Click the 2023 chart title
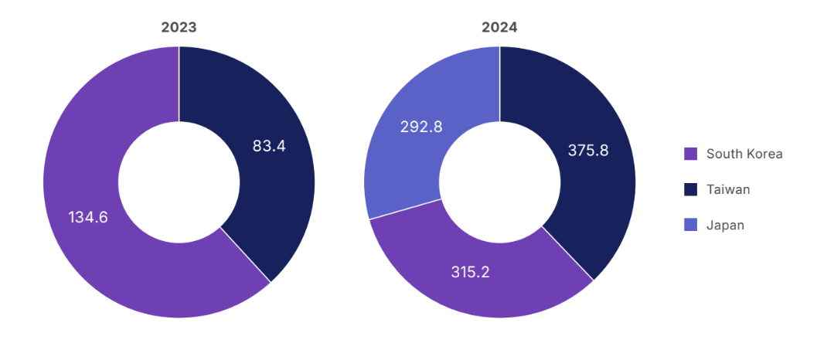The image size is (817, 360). (x=179, y=28)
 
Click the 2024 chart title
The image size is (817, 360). (x=499, y=28)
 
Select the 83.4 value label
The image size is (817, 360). (x=269, y=145)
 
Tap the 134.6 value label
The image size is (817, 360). (x=88, y=217)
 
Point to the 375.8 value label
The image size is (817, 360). (x=588, y=151)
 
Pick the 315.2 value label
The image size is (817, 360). (x=471, y=272)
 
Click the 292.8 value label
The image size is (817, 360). (x=421, y=127)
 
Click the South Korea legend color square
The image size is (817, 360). (x=691, y=154)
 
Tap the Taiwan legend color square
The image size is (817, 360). (x=691, y=189)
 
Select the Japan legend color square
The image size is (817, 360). (x=691, y=225)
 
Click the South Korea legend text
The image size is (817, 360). (x=744, y=154)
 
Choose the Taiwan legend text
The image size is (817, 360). (x=728, y=189)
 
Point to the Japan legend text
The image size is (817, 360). (x=725, y=225)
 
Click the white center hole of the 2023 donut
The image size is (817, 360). (x=179, y=182)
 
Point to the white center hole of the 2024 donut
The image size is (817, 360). (x=499, y=182)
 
